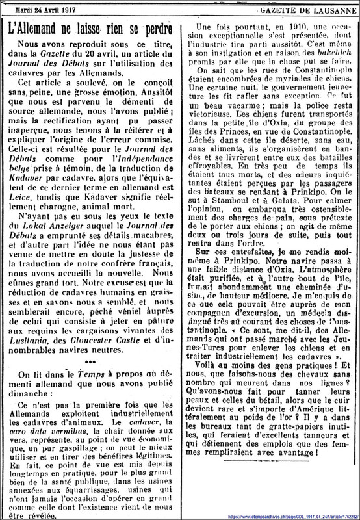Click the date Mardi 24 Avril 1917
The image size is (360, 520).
pyautogui.click(x=42, y=6)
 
